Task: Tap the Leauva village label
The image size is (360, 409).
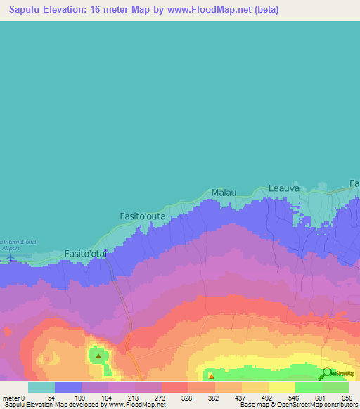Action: coord(284,188)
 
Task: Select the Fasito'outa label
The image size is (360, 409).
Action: coord(143,216)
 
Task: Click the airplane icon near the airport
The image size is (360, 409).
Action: coord(10,257)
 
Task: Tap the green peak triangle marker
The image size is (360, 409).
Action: coord(98,356)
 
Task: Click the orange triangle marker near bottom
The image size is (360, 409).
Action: coord(211,375)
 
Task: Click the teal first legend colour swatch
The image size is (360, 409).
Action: coord(41,387)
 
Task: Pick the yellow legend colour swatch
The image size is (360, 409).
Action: coord(281,387)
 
